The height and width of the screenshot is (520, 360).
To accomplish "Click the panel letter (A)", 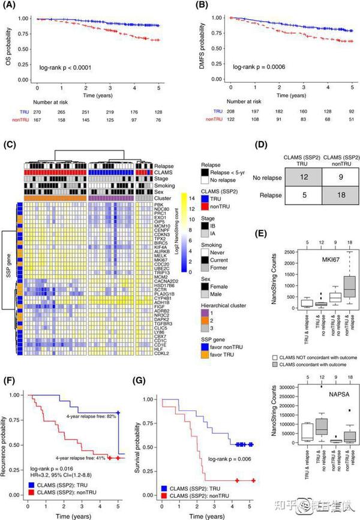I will pyautogui.click(x=11, y=8).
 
